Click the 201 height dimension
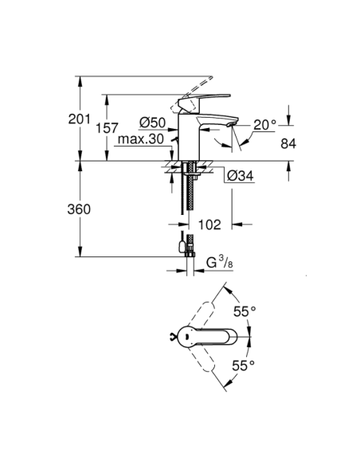(x=57, y=119)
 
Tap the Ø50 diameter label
(x=151, y=122)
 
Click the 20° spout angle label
(x=264, y=124)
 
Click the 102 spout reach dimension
(x=209, y=225)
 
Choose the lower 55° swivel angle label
(x=243, y=365)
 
